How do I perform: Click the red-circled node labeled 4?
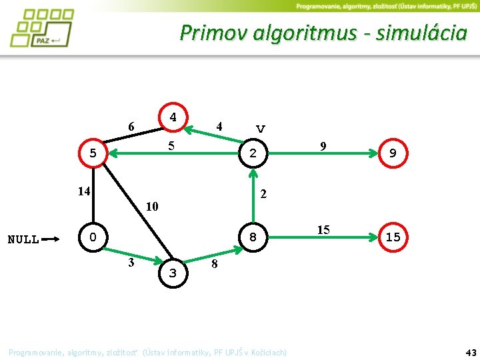coord(173,117)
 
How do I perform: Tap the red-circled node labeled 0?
coord(93,237)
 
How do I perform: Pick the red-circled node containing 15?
coord(393,237)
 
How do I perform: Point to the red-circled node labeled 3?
coord(173,273)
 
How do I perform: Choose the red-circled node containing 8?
coord(253,237)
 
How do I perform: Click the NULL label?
coord(23,239)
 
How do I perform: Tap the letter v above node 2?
coord(261,128)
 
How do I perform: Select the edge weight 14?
coord(83,191)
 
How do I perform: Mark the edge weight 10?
coord(152,206)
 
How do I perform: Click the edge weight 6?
coord(131,127)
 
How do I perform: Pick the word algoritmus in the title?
coord(304,33)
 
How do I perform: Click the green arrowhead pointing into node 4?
coord(189,125)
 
